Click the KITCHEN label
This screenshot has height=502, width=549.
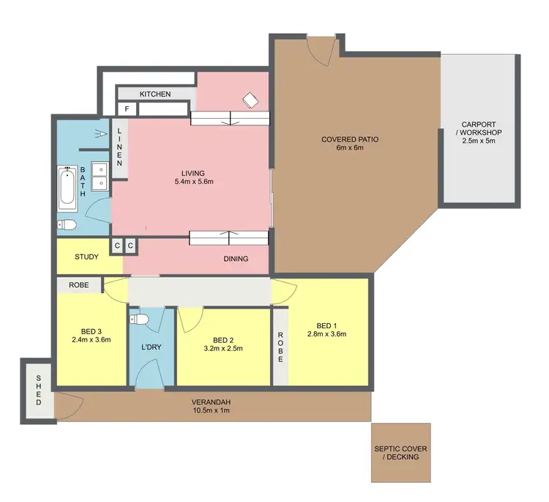pos(155,94)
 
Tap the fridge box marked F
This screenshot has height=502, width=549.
pos(127,109)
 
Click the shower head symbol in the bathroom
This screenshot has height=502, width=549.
pos(100,133)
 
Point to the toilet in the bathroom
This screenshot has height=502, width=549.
pos(67,225)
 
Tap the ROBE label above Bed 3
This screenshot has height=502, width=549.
pos(80,285)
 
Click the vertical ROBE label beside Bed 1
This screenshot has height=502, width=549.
pos(280,347)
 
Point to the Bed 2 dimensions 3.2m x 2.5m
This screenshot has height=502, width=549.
pos(223,349)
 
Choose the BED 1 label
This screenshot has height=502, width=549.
pos(326,325)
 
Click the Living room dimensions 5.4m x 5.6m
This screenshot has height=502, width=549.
pos(189,181)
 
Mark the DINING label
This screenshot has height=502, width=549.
pos(236,259)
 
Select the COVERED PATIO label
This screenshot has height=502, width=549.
pos(350,139)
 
